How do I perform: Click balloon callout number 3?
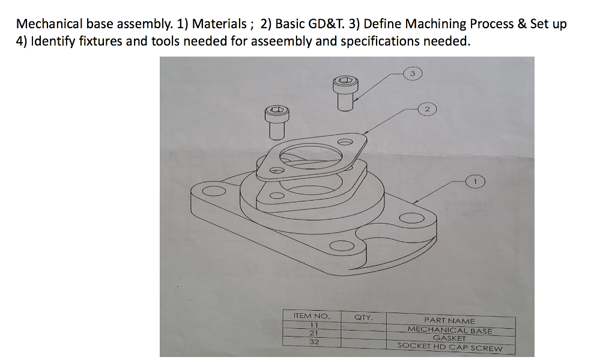point(412,73)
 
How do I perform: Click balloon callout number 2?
point(426,109)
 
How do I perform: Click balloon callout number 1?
point(475,180)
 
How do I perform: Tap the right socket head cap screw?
point(345,93)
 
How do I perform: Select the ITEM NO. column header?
point(311,316)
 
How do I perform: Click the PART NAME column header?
point(449,320)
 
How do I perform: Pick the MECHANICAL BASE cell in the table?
point(450,330)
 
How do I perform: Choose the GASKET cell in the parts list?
point(449,338)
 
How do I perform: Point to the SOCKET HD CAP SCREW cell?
point(449,347)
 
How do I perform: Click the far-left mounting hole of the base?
point(211,192)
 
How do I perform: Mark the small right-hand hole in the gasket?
point(344,142)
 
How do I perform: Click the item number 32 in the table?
point(314,341)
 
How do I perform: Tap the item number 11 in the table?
point(314,325)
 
